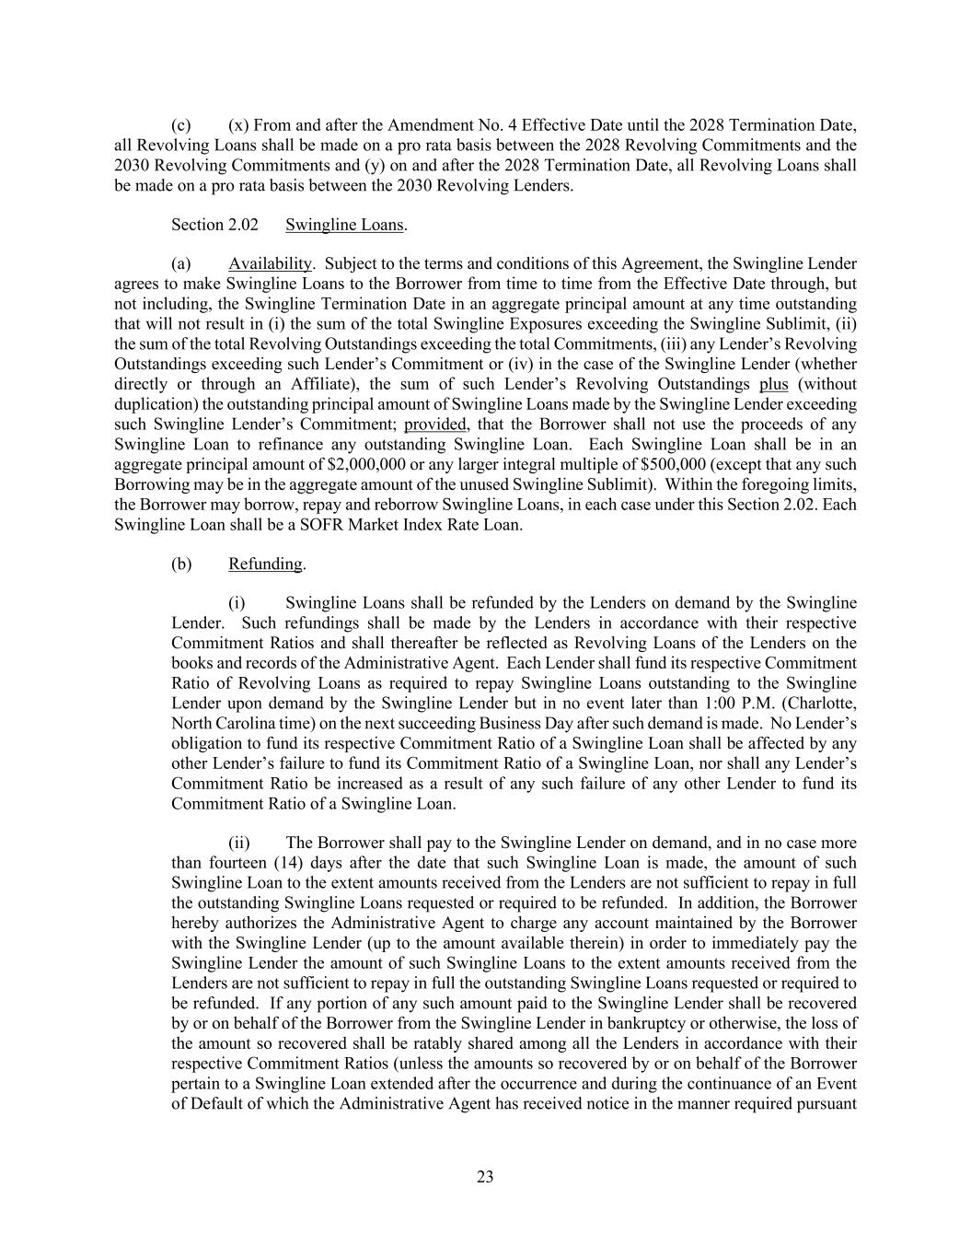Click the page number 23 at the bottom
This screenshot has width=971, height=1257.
[485, 1176]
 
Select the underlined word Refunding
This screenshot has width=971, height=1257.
[266, 564]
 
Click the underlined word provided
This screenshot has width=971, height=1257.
[435, 425]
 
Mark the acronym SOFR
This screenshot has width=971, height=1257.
[303, 524]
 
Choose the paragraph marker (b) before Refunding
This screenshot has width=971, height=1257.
[181, 564]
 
